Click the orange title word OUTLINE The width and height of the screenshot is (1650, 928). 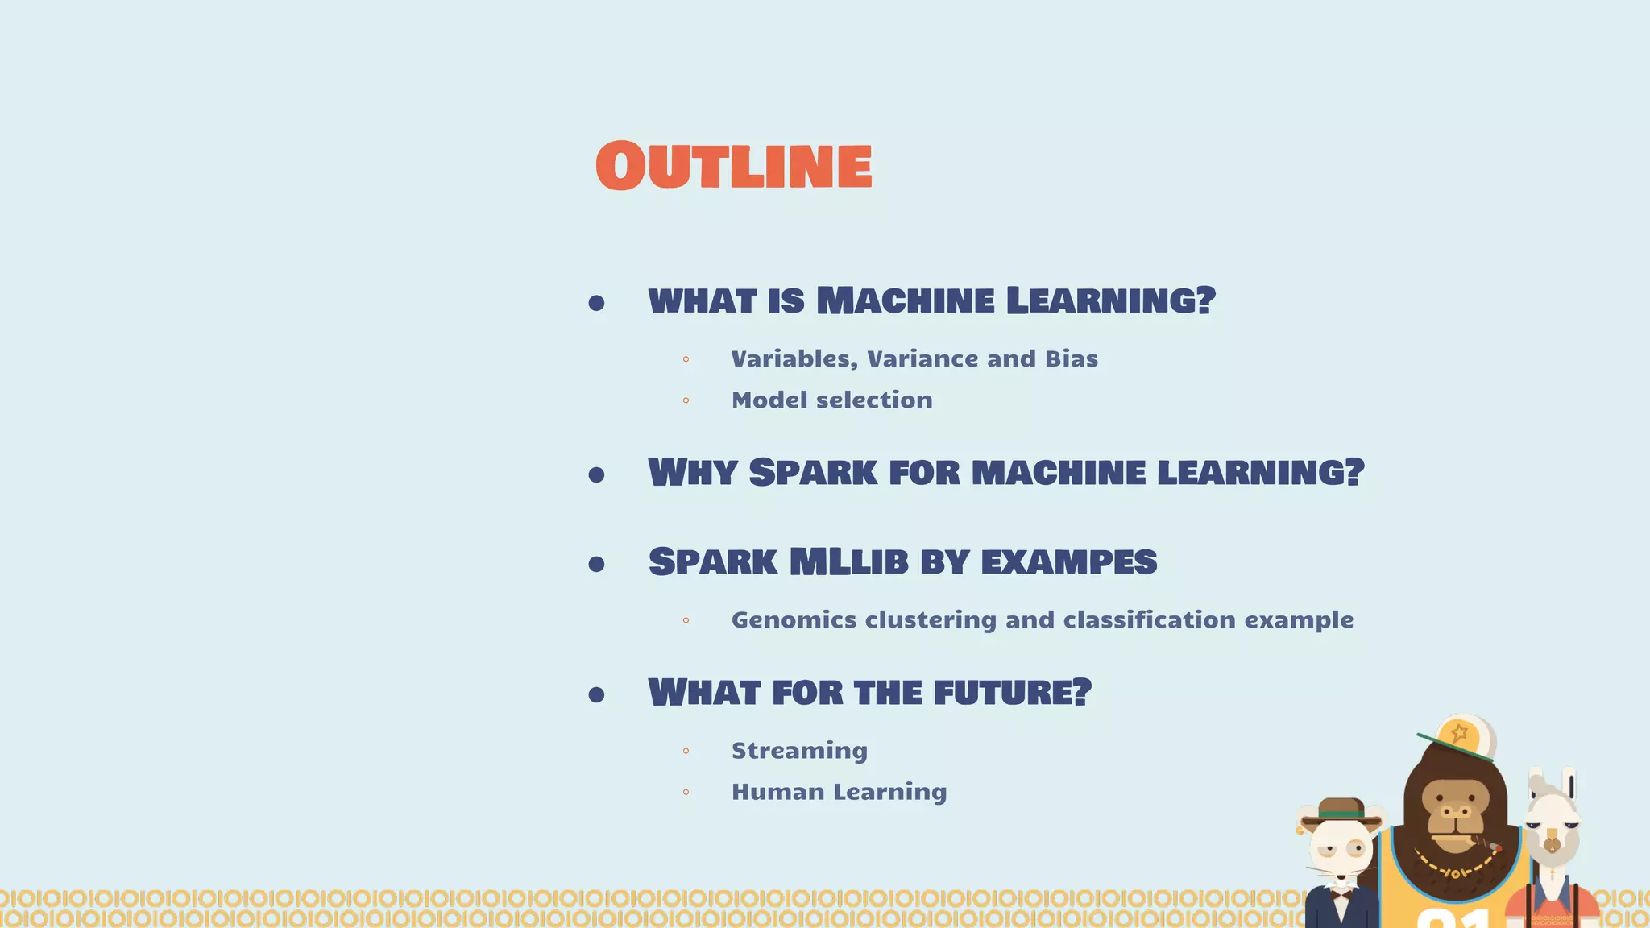click(733, 166)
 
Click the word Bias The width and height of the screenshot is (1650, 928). click(1071, 358)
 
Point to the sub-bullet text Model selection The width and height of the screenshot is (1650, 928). click(831, 400)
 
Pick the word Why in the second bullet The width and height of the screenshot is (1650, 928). click(692, 473)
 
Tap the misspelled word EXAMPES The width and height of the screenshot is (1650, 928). click(1068, 562)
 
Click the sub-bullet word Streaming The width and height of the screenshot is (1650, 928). click(799, 751)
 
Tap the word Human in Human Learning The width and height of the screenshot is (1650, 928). click(777, 792)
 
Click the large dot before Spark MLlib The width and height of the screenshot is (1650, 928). click(596, 564)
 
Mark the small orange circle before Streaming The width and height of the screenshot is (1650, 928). click(686, 751)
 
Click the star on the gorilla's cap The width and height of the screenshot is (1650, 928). click(1459, 734)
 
